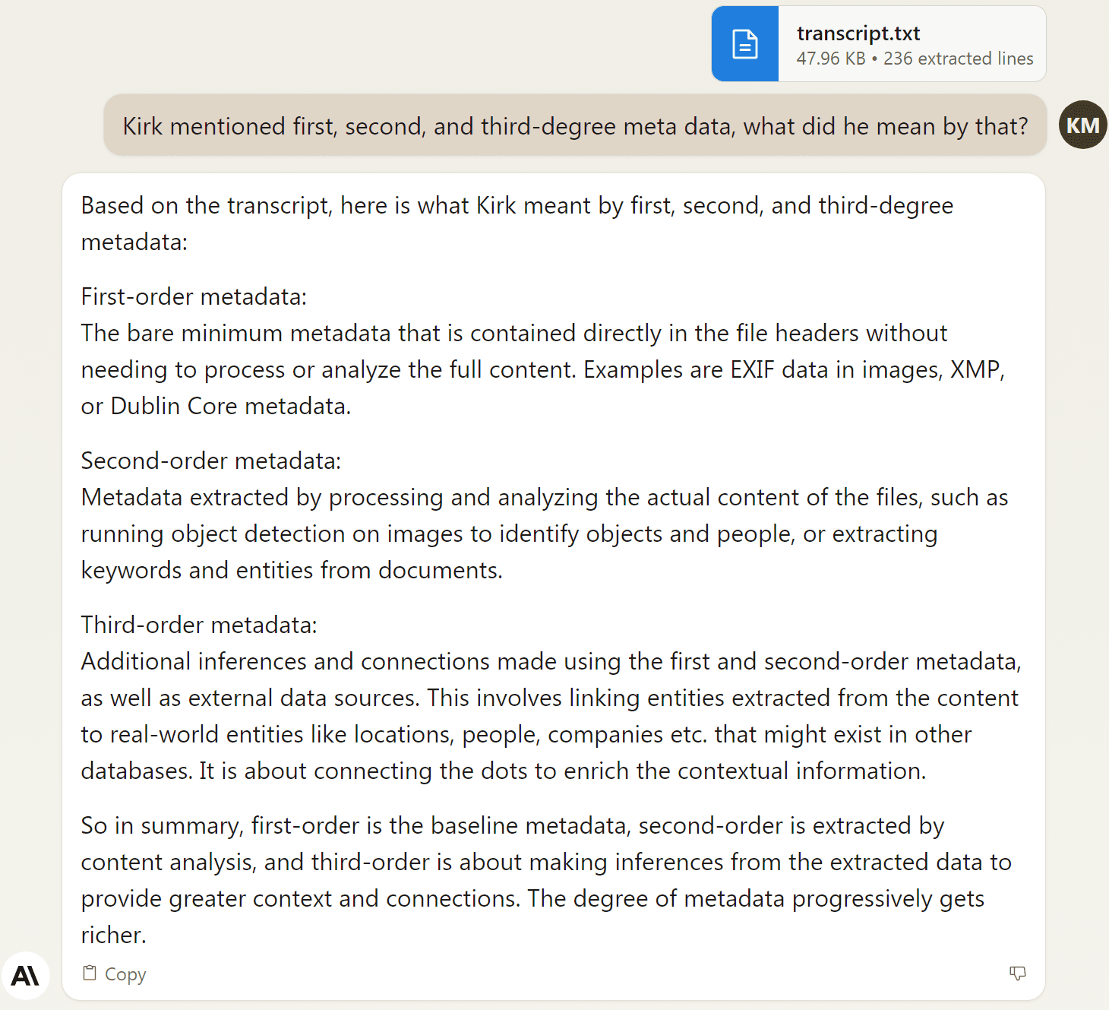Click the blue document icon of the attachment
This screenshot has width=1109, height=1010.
click(x=744, y=44)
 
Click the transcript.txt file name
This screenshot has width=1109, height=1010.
click(x=858, y=33)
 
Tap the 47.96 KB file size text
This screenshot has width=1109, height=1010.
click(x=831, y=59)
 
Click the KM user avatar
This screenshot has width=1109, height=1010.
click(x=1082, y=125)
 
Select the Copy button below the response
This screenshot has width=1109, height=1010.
click(x=115, y=974)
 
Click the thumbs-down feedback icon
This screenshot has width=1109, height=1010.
click(x=1017, y=974)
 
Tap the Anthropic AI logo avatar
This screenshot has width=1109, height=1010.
click(x=25, y=976)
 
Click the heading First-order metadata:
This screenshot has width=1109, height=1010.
click(x=194, y=296)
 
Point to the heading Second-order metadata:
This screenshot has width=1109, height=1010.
click(x=211, y=461)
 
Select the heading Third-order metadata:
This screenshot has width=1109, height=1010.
click(x=199, y=625)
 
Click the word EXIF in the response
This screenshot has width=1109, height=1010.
click(x=752, y=369)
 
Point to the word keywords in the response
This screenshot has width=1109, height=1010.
click(x=131, y=570)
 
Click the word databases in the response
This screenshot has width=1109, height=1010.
click(x=137, y=771)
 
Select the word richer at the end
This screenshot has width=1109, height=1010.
click(x=112, y=935)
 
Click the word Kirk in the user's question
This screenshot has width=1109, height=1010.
click(x=143, y=126)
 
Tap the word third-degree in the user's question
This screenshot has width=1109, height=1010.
click(x=548, y=126)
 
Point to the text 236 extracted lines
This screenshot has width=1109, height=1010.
click(x=958, y=59)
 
